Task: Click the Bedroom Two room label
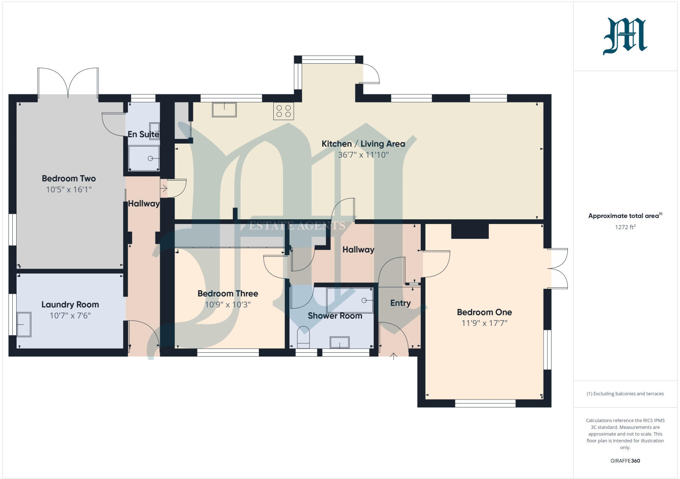click(x=68, y=179)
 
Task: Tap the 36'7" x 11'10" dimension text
click(x=363, y=155)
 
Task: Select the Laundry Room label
click(x=70, y=304)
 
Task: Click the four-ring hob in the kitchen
click(x=283, y=111)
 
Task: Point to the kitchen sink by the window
click(x=224, y=109)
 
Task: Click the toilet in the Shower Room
click(x=303, y=336)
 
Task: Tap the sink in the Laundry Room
click(x=24, y=324)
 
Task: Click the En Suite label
click(x=143, y=134)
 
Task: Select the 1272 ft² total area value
click(x=625, y=227)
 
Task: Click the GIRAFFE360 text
click(x=625, y=461)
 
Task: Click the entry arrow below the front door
click(x=394, y=356)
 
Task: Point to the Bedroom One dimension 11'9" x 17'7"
click(x=484, y=323)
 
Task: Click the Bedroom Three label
click(x=228, y=293)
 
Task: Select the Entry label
click(x=400, y=303)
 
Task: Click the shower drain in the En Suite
click(x=150, y=158)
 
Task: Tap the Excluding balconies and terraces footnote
click(x=625, y=394)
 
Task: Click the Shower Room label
click(x=335, y=316)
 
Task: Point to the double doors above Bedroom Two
click(x=68, y=82)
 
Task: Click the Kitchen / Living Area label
click(x=363, y=144)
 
